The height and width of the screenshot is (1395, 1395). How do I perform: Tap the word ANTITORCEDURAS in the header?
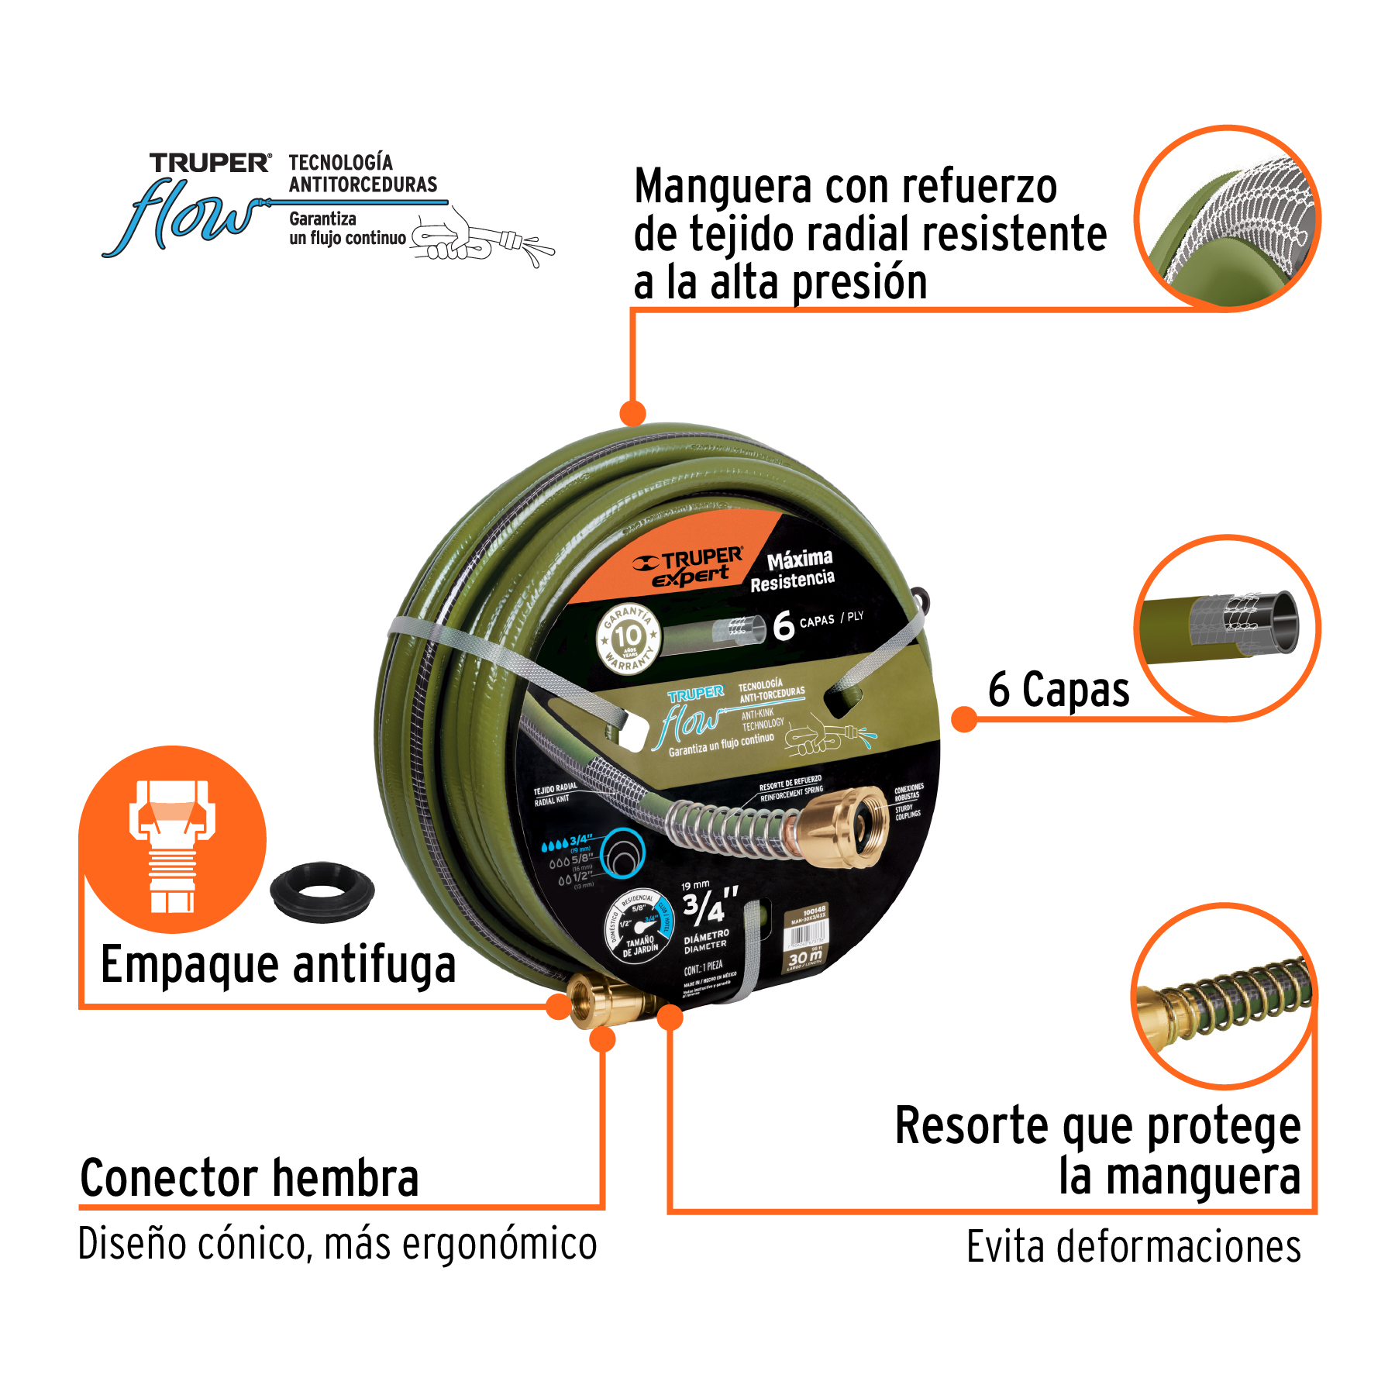[x=363, y=184]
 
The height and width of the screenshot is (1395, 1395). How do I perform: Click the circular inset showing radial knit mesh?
[x=1227, y=219]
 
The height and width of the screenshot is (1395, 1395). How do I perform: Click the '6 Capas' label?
[x=1058, y=689]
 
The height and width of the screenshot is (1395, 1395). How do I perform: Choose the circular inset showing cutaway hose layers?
[x=1227, y=628]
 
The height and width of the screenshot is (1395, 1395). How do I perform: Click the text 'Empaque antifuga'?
[x=278, y=965]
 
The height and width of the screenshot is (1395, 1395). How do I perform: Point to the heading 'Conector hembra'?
[x=250, y=1179]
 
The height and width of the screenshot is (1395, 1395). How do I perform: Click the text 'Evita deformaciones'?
[x=1133, y=1247]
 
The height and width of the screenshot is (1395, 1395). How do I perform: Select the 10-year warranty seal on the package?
[x=629, y=639]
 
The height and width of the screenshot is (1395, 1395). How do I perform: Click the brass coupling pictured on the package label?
[x=846, y=826]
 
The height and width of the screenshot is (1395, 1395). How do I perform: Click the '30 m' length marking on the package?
[x=805, y=959]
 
